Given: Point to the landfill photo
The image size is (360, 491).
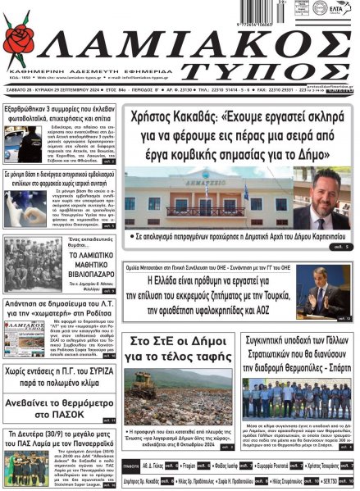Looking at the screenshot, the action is tap(178, 384).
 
